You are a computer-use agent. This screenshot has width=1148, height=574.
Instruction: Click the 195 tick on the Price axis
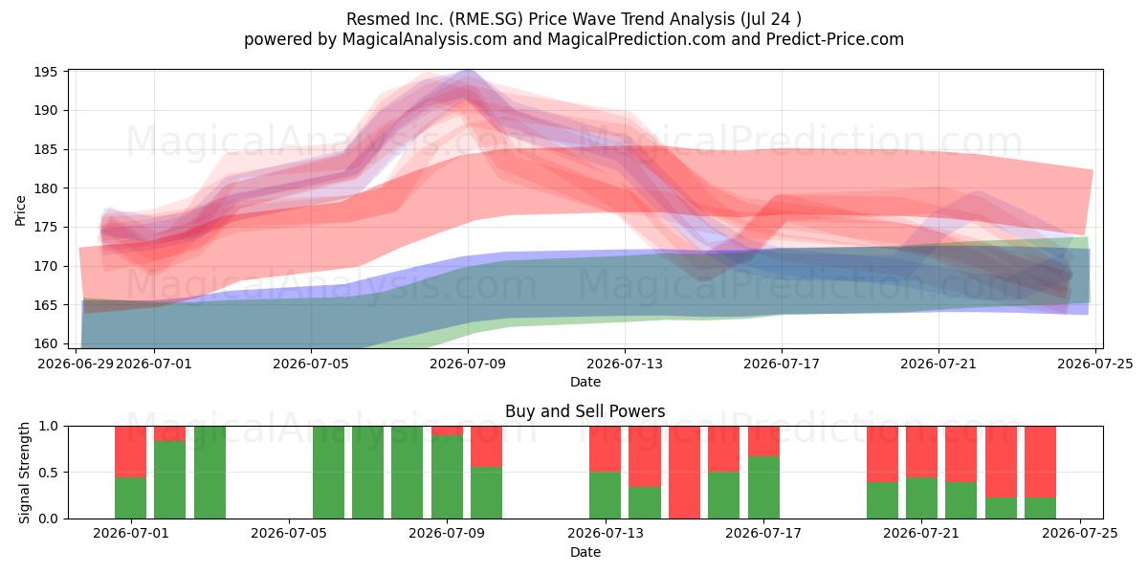click(45, 73)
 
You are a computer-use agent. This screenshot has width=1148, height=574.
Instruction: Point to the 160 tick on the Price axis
click(45, 343)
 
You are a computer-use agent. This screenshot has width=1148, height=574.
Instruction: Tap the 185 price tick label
click(45, 149)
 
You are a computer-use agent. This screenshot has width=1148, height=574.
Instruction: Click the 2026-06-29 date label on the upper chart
click(76, 364)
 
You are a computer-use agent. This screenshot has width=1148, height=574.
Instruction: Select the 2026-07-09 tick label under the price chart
click(468, 364)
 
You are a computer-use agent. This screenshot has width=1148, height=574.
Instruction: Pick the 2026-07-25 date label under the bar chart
click(1080, 534)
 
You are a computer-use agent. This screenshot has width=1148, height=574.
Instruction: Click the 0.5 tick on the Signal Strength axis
click(50, 472)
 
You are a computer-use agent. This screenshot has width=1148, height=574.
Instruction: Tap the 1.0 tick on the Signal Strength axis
click(50, 426)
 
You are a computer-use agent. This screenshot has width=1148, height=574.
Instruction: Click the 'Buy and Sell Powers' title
click(585, 411)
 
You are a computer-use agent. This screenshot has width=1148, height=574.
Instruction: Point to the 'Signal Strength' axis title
click(24, 473)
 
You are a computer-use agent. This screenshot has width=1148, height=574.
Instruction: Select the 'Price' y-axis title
click(20, 210)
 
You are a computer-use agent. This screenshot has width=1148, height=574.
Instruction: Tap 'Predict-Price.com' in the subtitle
click(835, 39)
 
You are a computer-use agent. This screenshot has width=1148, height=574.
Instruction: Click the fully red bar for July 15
click(684, 473)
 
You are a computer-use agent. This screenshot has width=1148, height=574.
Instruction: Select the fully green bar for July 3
click(210, 473)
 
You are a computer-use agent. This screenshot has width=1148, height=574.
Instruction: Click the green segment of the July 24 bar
click(1041, 508)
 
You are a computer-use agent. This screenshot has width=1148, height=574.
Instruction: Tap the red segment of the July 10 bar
click(486, 447)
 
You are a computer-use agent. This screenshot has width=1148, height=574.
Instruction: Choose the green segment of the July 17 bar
click(763, 487)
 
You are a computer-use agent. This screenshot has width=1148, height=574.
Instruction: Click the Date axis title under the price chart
click(585, 382)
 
